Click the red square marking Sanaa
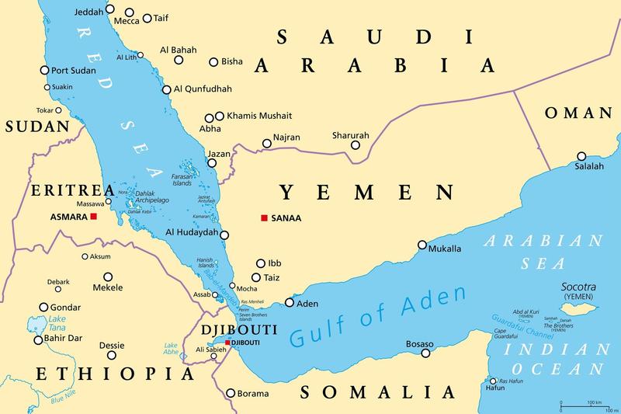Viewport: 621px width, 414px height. [264, 218]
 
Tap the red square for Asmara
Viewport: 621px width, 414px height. [93, 217]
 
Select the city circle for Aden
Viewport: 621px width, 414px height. [290, 303]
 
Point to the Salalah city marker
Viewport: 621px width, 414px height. [581, 155]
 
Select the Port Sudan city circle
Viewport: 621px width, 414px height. [44, 70]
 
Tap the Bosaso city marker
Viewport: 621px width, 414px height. [425, 353]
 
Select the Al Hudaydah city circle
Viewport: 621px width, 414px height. [224, 235]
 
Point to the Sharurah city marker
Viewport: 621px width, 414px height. [356, 145]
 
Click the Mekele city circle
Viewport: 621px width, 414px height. [109, 276]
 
